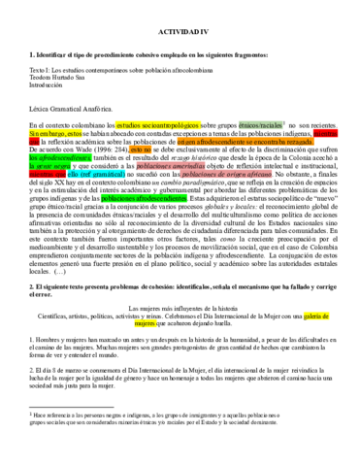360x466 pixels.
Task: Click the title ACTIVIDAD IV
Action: [180, 31]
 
